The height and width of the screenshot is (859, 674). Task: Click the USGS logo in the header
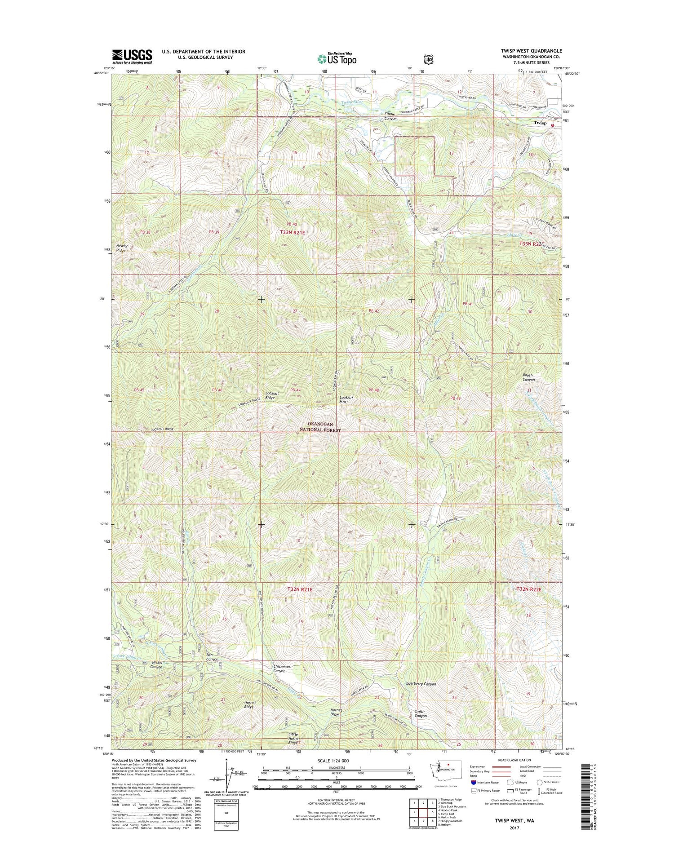(x=132, y=57)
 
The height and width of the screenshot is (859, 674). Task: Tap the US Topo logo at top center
(x=337, y=58)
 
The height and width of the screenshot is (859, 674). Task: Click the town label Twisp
(x=540, y=123)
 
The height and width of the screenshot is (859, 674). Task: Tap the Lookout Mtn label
(x=346, y=400)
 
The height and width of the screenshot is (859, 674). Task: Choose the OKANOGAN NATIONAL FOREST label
(x=320, y=427)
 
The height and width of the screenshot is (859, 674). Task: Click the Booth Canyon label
(x=528, y=377)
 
